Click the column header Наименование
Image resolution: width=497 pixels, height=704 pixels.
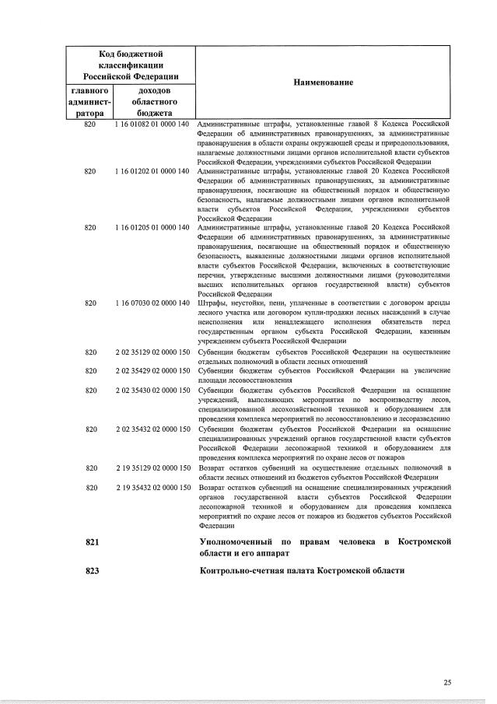pyautogui.click(x=323, y=82)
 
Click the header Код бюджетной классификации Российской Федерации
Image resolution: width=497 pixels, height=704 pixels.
pyautogui.click(x=131, y=65)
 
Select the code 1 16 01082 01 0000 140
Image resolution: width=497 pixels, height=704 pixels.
pyautogui.click(x=152, y=124)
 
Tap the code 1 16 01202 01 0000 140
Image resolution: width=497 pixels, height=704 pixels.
pyautogui.click(x=152, y=171)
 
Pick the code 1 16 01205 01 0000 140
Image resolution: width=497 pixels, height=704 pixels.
pyautogui.click(x=152, y=227)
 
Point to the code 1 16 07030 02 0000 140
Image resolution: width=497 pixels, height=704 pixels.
pyautogui.click(x=152, y=303)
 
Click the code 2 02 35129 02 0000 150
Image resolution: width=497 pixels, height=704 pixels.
pyautogui.click(x=152, y=352)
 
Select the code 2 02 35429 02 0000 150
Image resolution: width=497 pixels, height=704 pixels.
pyautogui.click(x=152, y=370)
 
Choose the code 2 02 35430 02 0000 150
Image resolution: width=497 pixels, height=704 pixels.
pyautogui.click(x=152, y=390)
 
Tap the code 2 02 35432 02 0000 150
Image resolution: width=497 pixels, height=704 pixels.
pyautogui.click(x=152, y=429)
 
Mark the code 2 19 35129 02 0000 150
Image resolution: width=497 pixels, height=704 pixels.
pyautogui.click(x=152, y=468)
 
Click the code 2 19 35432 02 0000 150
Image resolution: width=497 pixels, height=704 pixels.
pyautogui.click(x=152, y=487)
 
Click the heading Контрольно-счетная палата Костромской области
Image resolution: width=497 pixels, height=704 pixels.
pyautogui.click(x=303, y=571)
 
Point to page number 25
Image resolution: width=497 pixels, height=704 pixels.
pyautogui.click(x=447, y=682)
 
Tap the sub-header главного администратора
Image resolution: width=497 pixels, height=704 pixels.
pyautogui.click(x=91, y=102)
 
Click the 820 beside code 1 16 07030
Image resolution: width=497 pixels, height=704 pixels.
pyautogui.click(x=91, y=303)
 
